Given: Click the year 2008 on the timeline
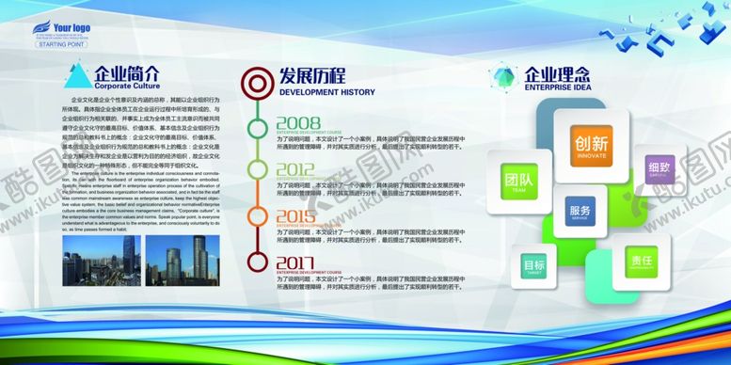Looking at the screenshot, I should [x=298, y=123].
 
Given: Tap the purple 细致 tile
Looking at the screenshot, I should [x=659, y=169].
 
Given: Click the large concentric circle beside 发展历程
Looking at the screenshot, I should [x=254, y=83].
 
